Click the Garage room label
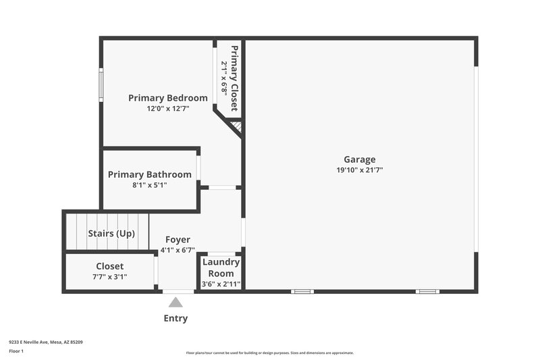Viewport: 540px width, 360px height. point(359,159)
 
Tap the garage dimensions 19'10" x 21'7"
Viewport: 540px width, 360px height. point(359,170)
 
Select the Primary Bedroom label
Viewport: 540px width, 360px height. point(168,98)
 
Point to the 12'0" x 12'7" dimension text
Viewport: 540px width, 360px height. point(168,109)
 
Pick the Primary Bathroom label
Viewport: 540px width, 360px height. point(150,174)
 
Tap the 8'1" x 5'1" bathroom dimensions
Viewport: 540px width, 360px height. point(150,185)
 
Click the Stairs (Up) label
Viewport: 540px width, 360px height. point(111,234)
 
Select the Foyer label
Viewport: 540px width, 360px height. point(178,239)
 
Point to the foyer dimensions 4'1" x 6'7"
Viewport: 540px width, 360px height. point(178,250)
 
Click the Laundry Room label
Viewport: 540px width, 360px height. point(221,267)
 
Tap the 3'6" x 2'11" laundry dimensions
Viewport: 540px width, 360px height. point(221,284)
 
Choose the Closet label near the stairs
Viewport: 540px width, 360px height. point(109,266)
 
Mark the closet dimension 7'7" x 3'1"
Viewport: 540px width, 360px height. point(109,277)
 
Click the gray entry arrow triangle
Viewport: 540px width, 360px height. point(175,303)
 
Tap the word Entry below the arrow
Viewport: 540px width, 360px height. point(175,318)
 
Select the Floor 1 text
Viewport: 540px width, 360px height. point(16,351)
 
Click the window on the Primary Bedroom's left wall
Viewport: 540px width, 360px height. point(101,86)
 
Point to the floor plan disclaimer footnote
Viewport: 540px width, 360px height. point(270,353)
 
